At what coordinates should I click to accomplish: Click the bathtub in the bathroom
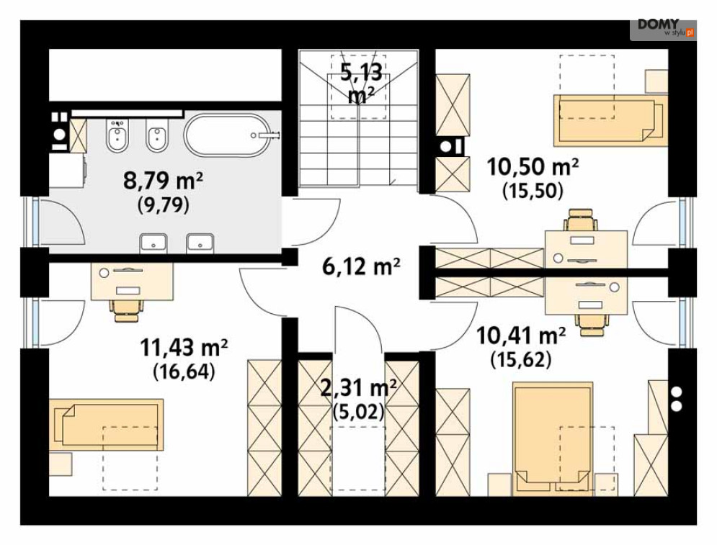pyautogui.click(x=227, y=135)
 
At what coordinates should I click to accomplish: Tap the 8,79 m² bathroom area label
pyautogui.click(x=163, y=181)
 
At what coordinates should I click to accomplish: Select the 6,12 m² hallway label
pyautogui.click(x=361, y=266)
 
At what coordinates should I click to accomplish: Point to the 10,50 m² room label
pyautogui.click(x=533, y=167)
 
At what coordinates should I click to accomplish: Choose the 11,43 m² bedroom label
pyautogui.click(x=183, y=348)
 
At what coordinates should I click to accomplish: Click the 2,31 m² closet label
pyautogui.click(x=358, y=389)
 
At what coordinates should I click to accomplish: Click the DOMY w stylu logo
pyautogui.click(x=663, y=28)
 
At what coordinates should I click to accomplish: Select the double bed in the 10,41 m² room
pyautogui.click(x=553, y=438)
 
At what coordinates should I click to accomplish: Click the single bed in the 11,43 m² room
pyautogui.click(x=106, y=425)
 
